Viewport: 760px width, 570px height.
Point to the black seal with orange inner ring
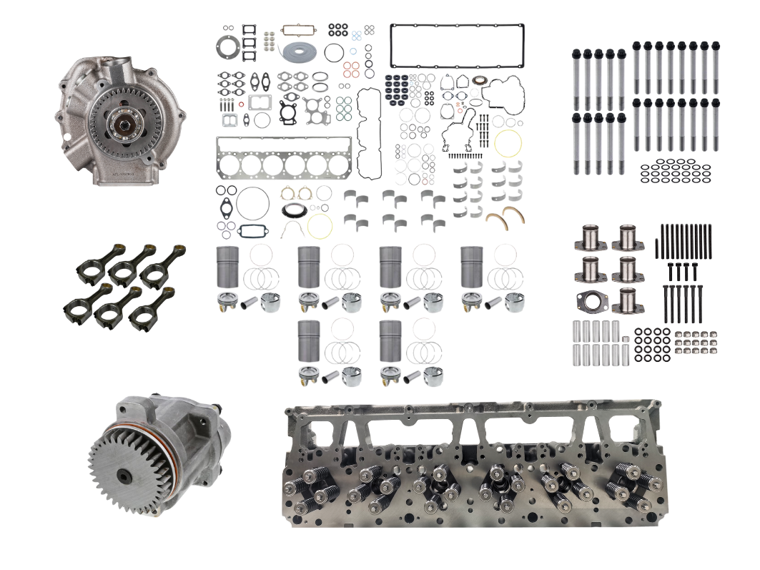pos(292,212)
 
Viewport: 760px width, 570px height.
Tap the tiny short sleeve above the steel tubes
pos(625,338)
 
